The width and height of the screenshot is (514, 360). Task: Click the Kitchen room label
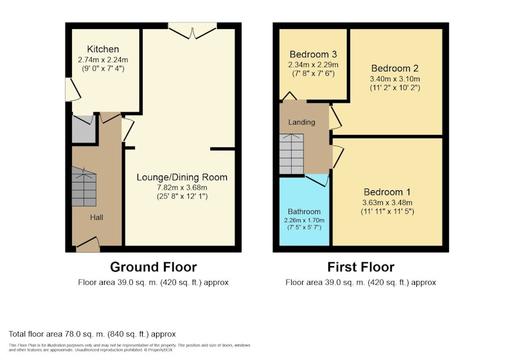103,50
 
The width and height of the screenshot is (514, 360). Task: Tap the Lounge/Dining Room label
182,177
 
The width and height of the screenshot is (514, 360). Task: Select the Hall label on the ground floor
97,217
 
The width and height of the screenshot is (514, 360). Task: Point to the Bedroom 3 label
313,54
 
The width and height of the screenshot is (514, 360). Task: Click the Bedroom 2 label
394,68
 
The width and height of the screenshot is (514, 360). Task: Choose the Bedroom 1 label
387,192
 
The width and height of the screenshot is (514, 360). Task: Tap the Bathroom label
304,212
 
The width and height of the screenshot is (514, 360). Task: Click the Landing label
301,122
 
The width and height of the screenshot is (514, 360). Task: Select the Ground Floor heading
154,267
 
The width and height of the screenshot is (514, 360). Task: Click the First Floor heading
360,267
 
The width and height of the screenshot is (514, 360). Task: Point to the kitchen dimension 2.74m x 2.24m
103,60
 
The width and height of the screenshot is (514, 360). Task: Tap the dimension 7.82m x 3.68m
182,188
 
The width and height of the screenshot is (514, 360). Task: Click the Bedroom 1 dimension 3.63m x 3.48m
387,203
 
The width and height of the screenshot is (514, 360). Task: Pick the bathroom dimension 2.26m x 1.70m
304,221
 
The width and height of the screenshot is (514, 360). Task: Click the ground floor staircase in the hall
84,187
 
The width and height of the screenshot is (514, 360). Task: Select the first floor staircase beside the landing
292,154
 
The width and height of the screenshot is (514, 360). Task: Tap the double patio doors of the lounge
192,31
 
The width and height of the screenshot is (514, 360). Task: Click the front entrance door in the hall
88,244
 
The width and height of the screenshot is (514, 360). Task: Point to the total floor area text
92,334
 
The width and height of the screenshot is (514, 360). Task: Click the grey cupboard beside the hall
84,129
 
